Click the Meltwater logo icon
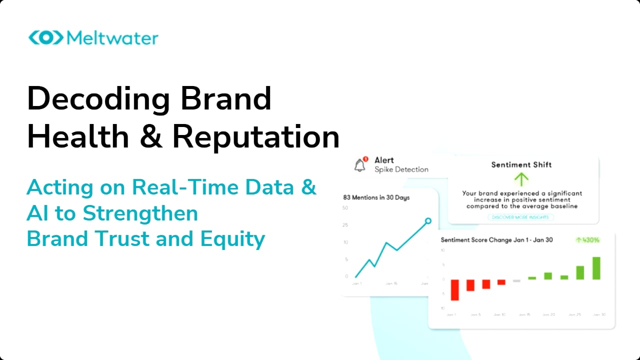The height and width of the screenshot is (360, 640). [45, 38]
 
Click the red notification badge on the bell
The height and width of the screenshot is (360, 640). [365, 159]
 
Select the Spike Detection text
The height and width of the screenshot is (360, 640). [401, 169]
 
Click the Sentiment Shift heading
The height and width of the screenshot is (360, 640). [521, 164]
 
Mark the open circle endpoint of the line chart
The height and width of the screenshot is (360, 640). [428, 220]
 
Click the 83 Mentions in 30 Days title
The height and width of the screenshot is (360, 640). [376, 197]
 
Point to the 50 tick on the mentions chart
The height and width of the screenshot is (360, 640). [345, 208]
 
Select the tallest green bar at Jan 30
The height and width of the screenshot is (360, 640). [596, 268]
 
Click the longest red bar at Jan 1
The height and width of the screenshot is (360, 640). [454, 289]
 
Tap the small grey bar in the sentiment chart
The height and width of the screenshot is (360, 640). [516, 280]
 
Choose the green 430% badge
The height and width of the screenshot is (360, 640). [587, 240]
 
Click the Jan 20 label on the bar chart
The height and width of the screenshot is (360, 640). [548, 315]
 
